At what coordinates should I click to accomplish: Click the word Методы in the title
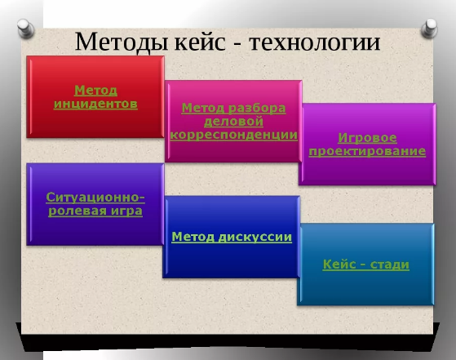[122, 42]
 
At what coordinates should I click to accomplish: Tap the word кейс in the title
[200, 42]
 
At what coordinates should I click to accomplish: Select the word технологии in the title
[315, 42]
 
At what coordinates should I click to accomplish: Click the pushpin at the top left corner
[25, 29]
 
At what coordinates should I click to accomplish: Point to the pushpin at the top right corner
[430, 29]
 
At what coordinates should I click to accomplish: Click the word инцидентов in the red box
[95, 104]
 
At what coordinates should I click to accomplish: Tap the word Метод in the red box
[95, 91]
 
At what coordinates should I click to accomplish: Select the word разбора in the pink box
[257, 109]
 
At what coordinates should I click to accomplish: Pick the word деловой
[233, 122]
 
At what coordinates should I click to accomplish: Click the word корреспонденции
[234, 135]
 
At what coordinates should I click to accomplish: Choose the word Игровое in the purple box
[367, 138]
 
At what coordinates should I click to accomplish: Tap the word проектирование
[367, 151]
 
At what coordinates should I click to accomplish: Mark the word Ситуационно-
[95, 198]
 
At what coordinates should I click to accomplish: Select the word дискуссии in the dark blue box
[255, 237]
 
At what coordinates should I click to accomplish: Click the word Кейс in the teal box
[339, 264]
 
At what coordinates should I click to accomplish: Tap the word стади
[390, 264]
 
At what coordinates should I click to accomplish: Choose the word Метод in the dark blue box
[193, 237]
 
